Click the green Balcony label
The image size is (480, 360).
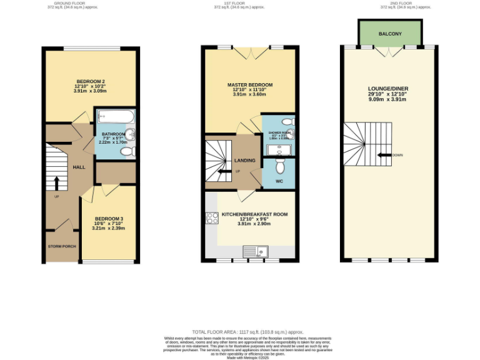[x=391, y=34]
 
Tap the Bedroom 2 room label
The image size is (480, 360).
[x=91, y=82]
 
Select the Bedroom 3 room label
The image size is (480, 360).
[x=108, y=219]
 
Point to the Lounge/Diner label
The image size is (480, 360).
[x=387, y=89]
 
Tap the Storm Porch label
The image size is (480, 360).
[x=62, y=246]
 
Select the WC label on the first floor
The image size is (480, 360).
[x=279, y=181]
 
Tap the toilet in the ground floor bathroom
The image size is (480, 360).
[x=126, y=151]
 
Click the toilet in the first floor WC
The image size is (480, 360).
[x=279, y=166]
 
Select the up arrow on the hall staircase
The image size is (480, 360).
[x=56, y=182]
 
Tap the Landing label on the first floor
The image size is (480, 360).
[x=244, y=161]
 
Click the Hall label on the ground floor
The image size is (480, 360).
[x=79, y=167]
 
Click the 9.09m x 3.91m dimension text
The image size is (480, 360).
[x=387, y=99]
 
